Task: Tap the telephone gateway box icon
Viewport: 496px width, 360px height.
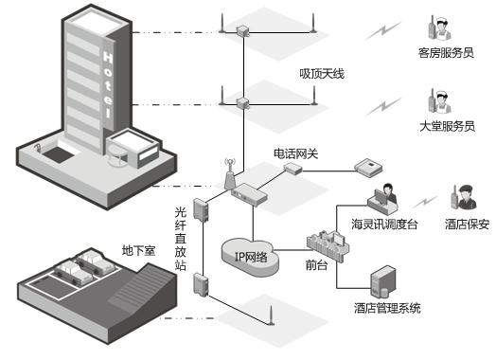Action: (x=292, y=168)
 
